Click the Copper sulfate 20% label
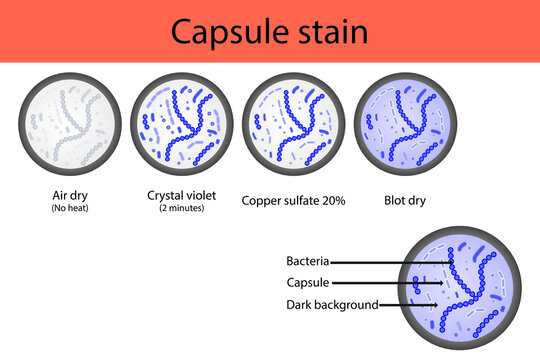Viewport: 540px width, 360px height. (x=294, y=200)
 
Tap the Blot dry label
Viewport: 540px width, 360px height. (x=405, y=200)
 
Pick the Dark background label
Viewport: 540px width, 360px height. (x=331, y=304)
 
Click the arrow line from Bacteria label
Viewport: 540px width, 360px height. (x=390, y=262)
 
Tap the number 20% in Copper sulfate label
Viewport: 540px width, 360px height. (x=332, y=200)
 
